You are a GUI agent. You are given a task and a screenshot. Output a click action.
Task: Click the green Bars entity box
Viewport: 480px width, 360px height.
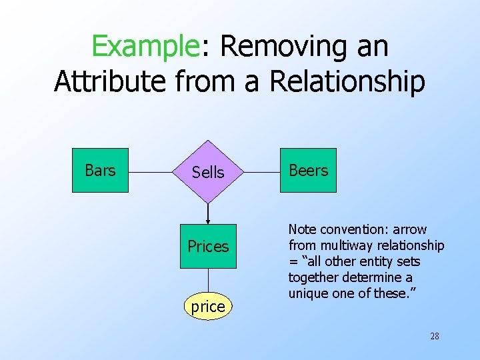(x=100, y=171)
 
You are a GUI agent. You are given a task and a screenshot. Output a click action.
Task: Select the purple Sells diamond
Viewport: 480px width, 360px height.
(x=208, y=172)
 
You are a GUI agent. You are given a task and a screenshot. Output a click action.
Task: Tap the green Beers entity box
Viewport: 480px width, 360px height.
(x=308, y=171)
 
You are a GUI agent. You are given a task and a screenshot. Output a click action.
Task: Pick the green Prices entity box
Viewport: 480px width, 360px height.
(x=208, y=247)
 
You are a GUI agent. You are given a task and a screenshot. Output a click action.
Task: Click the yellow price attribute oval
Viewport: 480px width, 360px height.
(x=208, y=307)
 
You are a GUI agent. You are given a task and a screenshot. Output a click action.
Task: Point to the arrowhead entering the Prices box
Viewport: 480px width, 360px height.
(x=208, y=221)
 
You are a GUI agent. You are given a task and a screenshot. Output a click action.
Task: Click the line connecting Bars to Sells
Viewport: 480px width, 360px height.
(x=150, y=171)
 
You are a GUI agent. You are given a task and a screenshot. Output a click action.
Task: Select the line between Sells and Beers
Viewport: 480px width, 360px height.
(x=262, y=171)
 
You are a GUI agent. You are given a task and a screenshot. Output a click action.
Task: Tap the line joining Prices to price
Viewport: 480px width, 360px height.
(x=208, y=281)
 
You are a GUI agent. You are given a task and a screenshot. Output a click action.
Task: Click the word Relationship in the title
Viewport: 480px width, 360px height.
(x=347, y=81)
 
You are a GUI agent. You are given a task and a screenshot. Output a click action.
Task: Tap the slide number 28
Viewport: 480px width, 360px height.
(x=434, y=336)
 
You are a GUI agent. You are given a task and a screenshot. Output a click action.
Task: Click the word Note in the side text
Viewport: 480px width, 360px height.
(x=303, y=230)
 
